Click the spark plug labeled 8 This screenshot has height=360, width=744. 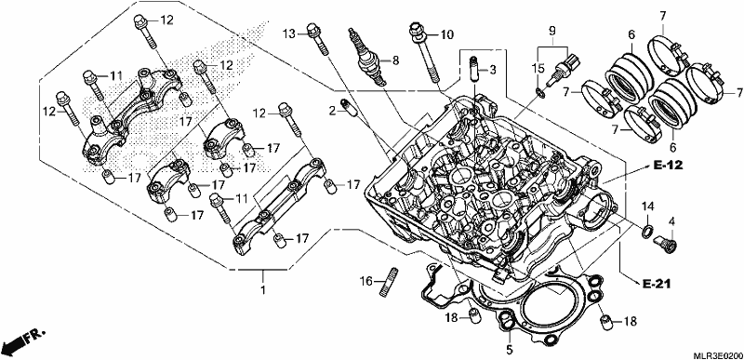point(365,57)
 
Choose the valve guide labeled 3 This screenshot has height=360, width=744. point(473,69)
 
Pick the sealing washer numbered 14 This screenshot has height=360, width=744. point(646,232)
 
